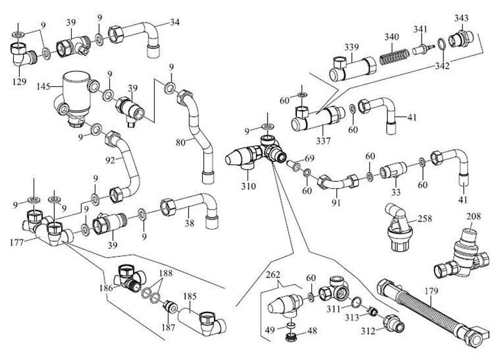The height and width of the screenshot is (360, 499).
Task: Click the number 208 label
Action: tap(475, 216)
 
